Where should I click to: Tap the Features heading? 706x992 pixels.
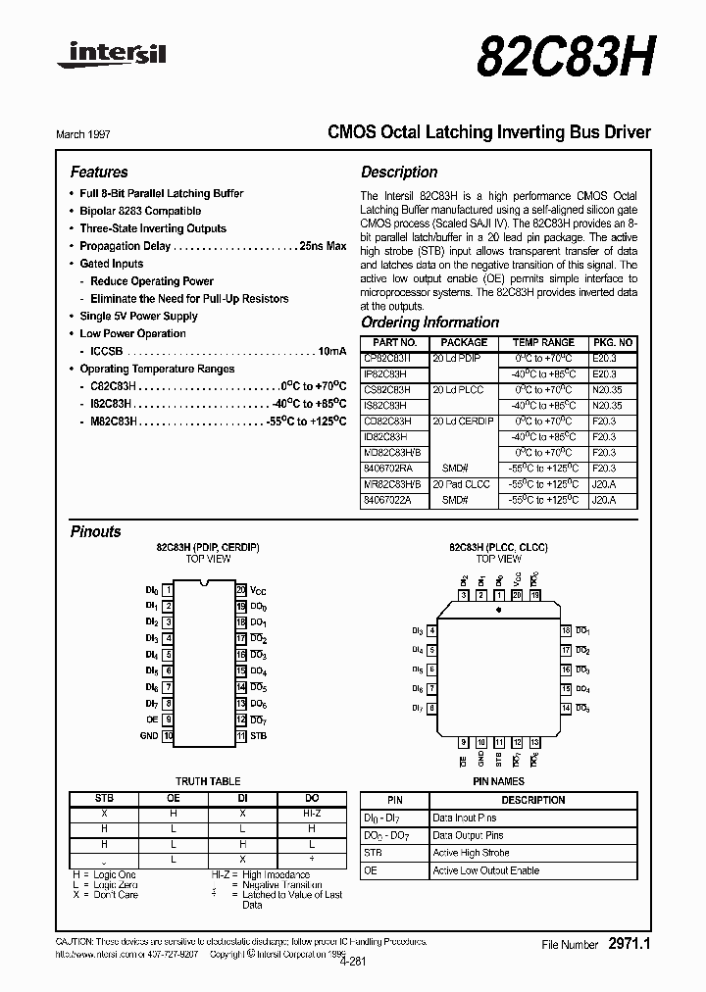99,172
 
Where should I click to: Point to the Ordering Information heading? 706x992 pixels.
429,322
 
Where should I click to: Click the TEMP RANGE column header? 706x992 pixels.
543,343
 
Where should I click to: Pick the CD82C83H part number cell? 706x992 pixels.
386,421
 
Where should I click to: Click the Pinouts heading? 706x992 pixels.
96,531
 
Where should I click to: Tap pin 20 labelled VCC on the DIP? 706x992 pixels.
241,590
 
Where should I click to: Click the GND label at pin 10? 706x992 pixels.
149,735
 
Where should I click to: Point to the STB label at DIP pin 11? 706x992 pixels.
258,735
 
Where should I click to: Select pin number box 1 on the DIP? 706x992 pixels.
169,590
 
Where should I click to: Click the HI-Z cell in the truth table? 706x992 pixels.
312,814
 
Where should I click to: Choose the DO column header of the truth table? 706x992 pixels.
312,799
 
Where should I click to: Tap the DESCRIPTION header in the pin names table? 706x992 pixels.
532,800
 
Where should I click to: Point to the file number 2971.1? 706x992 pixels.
630,944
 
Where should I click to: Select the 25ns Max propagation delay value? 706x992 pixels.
322,246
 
